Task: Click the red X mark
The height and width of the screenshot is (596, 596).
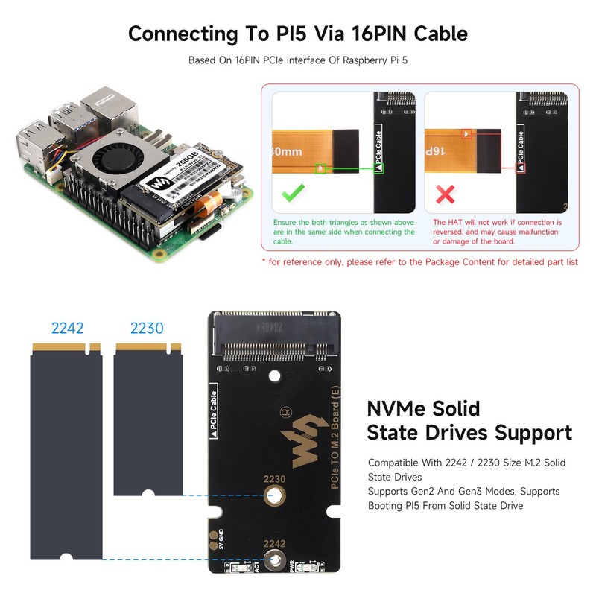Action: point(446,196)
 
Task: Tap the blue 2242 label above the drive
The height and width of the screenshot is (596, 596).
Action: point(67,328)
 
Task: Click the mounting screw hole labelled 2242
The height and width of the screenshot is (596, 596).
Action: point(274,563)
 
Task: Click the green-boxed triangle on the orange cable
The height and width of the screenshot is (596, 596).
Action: point(320,169)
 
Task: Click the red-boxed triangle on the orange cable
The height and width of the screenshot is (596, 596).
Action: point(466,135)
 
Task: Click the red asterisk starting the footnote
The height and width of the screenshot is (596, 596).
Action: point(264,261)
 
